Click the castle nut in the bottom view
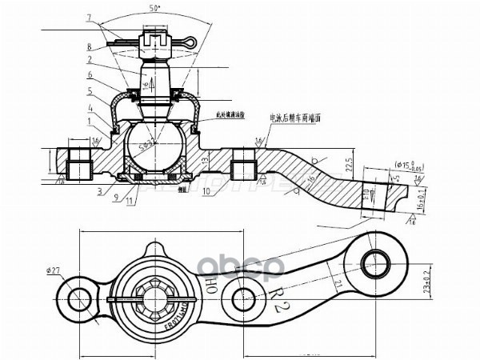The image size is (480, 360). coord(152,299)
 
